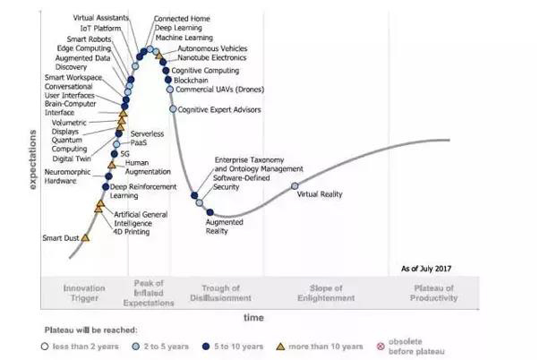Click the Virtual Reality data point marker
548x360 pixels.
(x=295, y=186)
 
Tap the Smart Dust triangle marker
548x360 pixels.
(x=87, y=238)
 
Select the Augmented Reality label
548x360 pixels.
(x=218, y=227)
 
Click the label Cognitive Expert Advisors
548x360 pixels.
(x=218, y=109)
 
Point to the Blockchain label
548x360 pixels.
(x=192, y=80)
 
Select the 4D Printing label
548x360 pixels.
(x=132, y=231)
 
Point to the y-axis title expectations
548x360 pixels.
(x=33, y=159)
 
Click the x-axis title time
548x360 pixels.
(x=254, y=317)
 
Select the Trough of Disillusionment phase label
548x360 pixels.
(x=220, y=293)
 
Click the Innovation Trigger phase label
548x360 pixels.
(x=84, y=293)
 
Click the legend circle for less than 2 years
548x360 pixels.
(x=45, y=346)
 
